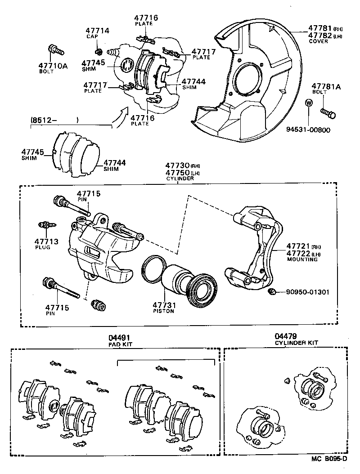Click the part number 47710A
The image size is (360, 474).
[x=52, y=66]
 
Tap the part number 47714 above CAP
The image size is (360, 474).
[x=97, y=31]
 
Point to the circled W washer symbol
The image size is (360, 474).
[x=309, y=103]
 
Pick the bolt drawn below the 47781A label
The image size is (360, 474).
[x=328, y=113]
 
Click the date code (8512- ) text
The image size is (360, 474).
[x=54, y=120]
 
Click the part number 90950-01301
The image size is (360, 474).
[x=307, y=292]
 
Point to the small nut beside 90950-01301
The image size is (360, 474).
[x=271, y=292]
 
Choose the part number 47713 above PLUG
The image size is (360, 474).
[x=46, y=241]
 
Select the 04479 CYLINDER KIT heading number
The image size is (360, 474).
[x=286, y=336]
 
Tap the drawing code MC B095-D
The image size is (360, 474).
[x=330, y=459]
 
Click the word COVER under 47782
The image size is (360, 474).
[x=318, y=41]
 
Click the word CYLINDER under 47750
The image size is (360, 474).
[x=180, y=179]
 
